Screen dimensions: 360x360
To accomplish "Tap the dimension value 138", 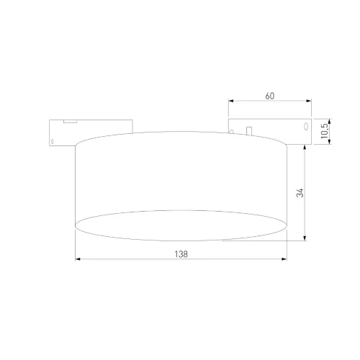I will coord(183,254).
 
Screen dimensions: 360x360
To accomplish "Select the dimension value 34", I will coord(300,192).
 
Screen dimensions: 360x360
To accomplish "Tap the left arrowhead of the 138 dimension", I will coord(78,260).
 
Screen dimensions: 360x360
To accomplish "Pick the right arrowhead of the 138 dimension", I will coord(287,260).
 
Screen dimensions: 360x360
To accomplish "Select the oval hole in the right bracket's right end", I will coord(305,127).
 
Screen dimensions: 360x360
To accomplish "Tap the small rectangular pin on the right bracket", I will coord(247,130).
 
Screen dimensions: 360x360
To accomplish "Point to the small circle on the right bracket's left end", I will coord(233,130).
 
